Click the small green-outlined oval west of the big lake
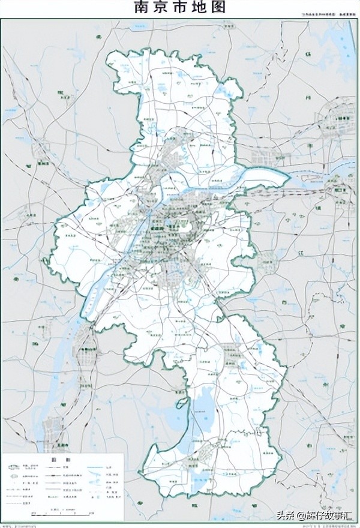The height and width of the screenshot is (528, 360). point(179,395)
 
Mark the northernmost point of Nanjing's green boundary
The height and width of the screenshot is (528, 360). point(170,49)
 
